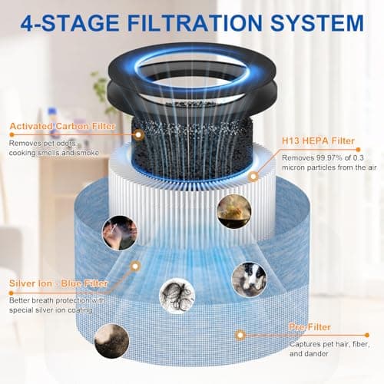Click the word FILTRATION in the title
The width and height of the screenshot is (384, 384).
pyautogui.click(x=195, y=23)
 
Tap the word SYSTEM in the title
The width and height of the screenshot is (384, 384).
pyautogui.click(x=317, y=23)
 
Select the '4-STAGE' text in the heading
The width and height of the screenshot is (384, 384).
pyautogui.click(x=70, y=23)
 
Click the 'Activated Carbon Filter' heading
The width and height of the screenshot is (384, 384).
pyautogui.click(x=62, y=126)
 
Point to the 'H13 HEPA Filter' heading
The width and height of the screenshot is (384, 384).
pyautogui.click(x=318, y=141)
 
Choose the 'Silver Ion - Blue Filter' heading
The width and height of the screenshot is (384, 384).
pyautogui.click(x=58, y=283)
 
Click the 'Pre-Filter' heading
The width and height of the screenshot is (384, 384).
pyautogui.click(x=310, y=327)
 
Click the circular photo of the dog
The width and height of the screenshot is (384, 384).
pyautogui.click(x=249, y=280)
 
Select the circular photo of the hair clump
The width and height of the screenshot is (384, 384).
pyautogui.click(x=177, y=296)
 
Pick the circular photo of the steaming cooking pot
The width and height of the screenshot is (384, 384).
pyautogui.click(x=234, y=211)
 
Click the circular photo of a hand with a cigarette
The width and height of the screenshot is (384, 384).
pyautogui.click(x=120, y=233)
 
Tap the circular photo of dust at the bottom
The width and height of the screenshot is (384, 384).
pyautogui.click(x=111, y=341)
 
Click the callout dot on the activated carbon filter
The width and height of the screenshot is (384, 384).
pyautogui.click(x=138, y=134)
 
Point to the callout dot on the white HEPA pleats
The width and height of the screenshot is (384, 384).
pyautogui.click(x=253, y=177)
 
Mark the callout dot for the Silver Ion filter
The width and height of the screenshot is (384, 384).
pyautogui.click(x=135, y=266)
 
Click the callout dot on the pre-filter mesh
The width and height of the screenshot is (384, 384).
pyautogui.click(x=240, y=335)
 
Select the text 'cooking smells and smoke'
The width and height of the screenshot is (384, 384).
pyautogui.click(x=54, y=153)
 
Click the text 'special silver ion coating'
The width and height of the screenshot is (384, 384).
pyautogui.click(x=51, y=310)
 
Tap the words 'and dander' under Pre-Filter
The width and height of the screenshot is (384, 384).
pyautogui.click(x=309, y=354)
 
